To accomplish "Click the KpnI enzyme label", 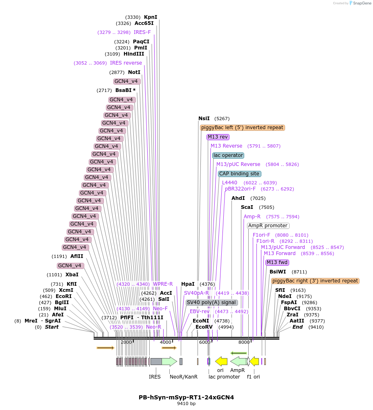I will point(151,17).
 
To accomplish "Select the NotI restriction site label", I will point(134,72).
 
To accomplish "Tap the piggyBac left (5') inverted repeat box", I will point(242,128).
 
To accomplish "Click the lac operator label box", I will point(228,155).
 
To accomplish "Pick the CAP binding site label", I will point(239,174).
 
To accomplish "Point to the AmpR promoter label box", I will point(268,226).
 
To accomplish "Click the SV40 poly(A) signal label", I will point(211,302).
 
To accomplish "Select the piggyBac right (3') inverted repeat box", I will point(315,281).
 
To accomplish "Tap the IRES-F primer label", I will point(142,32).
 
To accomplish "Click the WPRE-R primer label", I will point(163,284).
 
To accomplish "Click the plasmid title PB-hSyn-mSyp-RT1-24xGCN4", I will point(186,397).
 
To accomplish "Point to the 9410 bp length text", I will point(186,404).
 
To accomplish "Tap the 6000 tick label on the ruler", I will point(204,342).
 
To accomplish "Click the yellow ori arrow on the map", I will point(221,361).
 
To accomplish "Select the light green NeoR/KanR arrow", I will point(169,361).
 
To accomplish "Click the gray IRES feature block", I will point(156,361).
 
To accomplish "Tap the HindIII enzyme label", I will point(134,54).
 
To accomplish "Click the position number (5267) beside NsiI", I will point(222,119).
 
